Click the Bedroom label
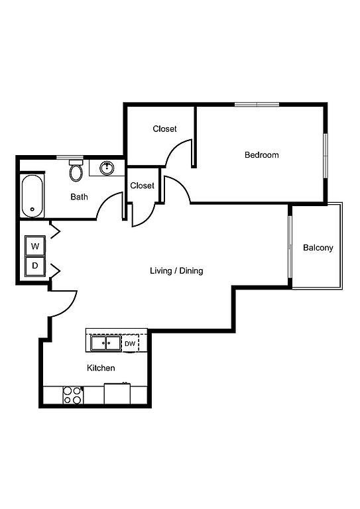pyautogui.click(x=262, y=155)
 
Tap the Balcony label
pyautogui.click(x=318, y=248)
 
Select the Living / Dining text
pyautogui.click(x=176, y=270)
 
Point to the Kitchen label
pyautogui.click(x=101, y=368)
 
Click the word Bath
pyautogui.click(x=79, y=197)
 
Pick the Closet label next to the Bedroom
pyautogui.click(x=164, y=129)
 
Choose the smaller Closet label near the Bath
pyautogui.click(x=142, y=186)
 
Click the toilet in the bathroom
pyautogui.click(x=76, y=171)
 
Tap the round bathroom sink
pyautogui.click(x=107, y=168)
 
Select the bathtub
pyautogui.click(x=32, y=196)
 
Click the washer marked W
pyautogui.click(x=35, y=246)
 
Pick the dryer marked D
pyautogui.click(x=35, y=266)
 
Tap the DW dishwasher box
pyautogui.click(x=130, y=343)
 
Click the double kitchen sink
pyautogui.click(x=106, y=343)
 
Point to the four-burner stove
pyautogui.click(x=73, y=396)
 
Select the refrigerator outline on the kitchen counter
pyautogui.click(x=117, y=394)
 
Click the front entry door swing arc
pyautogui.click(x=69, y=307)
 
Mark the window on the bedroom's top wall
pyautogui.click(x=257, y=105)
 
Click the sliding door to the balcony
pyautogui.click(x=290, y=247)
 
